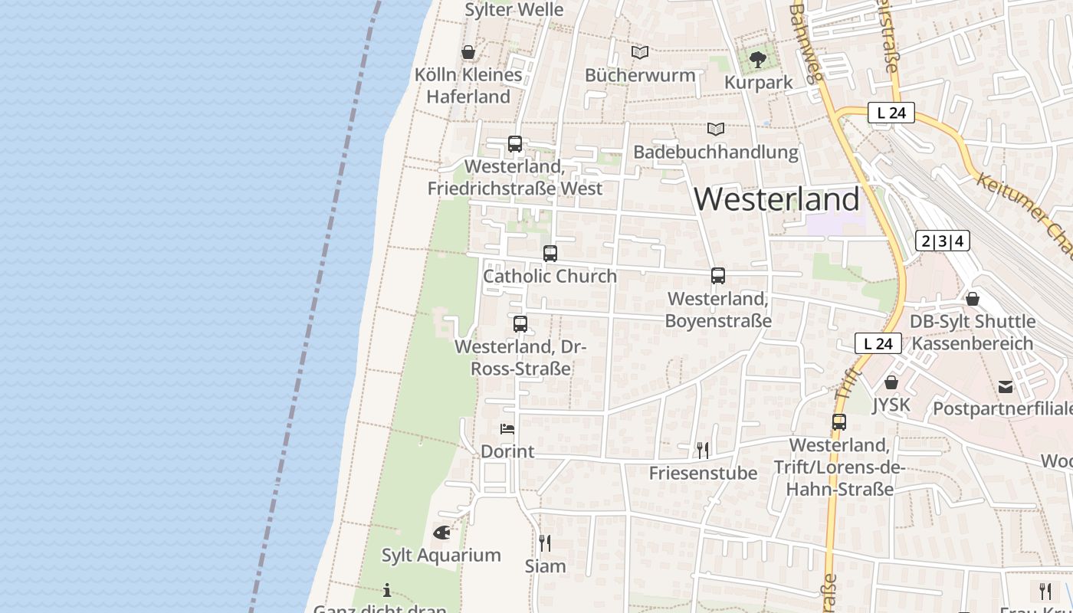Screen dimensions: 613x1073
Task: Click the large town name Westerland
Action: click(777, 199)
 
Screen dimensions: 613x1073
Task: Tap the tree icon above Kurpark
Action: click(758, 59)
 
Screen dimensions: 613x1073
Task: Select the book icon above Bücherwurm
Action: click(640, 52)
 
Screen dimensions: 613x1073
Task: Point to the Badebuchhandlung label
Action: click(716, 152)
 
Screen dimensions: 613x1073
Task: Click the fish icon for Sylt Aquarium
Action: click(441, 532)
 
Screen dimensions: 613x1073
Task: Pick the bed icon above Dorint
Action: click(507, 429)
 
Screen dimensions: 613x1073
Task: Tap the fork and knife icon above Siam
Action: click(545, 543)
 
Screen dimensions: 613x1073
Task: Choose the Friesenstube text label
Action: click(703, 473)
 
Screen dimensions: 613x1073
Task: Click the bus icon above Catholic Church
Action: click(550, 254)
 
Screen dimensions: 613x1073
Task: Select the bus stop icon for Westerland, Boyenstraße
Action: click(718, 276)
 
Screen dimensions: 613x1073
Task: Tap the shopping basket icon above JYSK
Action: click(891, 382)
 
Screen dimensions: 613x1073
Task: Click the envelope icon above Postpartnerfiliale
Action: click(1006, 387)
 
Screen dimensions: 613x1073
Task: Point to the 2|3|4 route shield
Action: click(943, 241)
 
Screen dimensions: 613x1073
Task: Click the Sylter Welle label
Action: click(514, 10)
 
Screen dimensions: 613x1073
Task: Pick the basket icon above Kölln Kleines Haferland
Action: click(468, 52)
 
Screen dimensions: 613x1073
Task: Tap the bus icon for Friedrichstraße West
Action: click(515, 144)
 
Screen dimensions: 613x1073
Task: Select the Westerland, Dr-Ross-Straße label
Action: click(520, 357)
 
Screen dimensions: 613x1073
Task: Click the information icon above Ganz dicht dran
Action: click(387, 590)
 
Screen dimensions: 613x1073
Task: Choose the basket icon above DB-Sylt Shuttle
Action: click(973, 299)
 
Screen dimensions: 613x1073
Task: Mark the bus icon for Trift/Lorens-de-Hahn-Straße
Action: click(839, 422)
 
